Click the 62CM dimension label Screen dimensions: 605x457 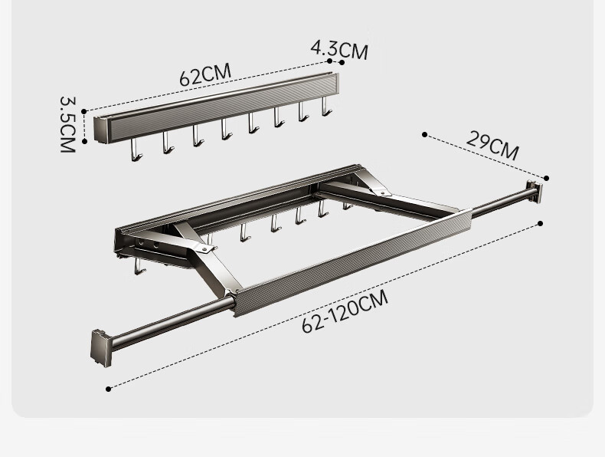click(205, 74)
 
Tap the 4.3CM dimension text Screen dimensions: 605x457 click(339, 49)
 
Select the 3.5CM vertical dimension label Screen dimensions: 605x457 click(67, 124)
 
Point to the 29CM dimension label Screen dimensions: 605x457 click(492, 146)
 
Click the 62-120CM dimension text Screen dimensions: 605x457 click(345, 311)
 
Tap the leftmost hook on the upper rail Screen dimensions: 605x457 click(136, 150)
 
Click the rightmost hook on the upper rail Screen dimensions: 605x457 click(326, 107)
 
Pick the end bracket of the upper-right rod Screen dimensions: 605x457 click(535, 192)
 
